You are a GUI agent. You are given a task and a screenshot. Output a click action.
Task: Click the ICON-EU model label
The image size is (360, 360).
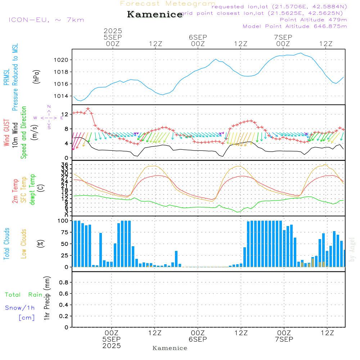(46, 20)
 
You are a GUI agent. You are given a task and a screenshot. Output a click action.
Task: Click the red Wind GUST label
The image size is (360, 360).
(6, 133)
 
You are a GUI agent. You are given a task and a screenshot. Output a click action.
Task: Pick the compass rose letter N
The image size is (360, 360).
(49, 107)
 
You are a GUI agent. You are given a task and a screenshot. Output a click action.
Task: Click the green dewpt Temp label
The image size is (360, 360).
(32, 189)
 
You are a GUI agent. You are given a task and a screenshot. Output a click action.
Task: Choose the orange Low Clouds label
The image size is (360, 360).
(24, 243)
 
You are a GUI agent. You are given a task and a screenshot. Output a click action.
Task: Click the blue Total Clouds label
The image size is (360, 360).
(6, 243)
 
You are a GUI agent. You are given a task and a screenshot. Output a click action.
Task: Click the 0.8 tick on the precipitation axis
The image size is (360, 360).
(63, 283)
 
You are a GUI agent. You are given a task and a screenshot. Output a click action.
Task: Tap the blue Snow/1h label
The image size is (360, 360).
(20, 308)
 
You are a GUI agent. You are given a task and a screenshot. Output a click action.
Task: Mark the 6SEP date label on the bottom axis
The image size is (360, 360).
(198, 339)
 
